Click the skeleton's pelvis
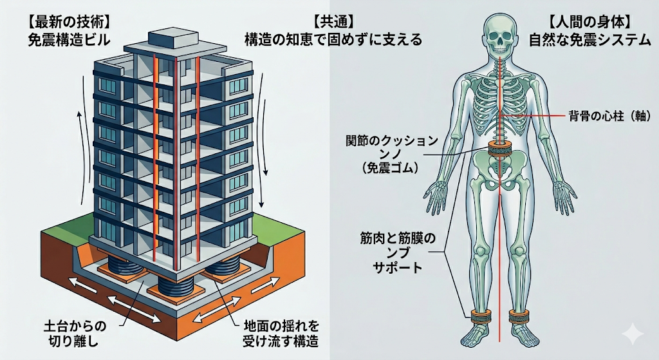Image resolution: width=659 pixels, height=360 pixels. pos(499,173)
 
